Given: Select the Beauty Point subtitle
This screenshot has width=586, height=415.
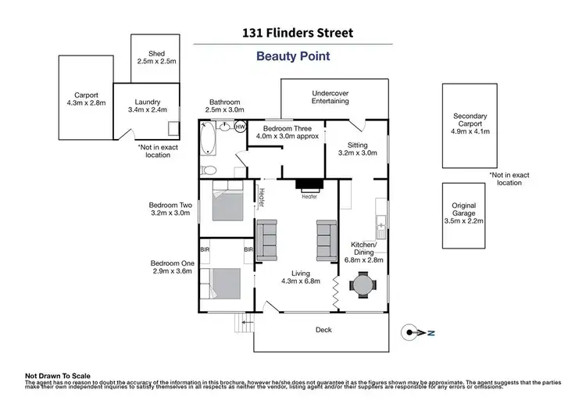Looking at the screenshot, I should (293, 56).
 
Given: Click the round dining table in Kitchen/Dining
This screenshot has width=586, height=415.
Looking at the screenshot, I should (362, 285).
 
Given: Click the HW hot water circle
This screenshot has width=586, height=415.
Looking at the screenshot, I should (240, 127).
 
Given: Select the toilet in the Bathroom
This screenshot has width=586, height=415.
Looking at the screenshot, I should (209, 170).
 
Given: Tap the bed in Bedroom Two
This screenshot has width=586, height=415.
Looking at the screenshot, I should (227, 203).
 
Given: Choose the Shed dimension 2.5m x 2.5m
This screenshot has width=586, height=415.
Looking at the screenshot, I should (156, 60).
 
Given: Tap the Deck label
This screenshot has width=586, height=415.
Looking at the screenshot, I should (323, 330).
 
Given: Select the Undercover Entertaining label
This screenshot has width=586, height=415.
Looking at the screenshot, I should (329, 96).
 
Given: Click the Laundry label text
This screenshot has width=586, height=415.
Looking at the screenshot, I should (147, 102).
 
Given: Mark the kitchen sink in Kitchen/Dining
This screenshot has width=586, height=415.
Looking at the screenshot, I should (381, 227).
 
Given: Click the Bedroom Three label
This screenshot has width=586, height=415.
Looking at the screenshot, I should (284, 128).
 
